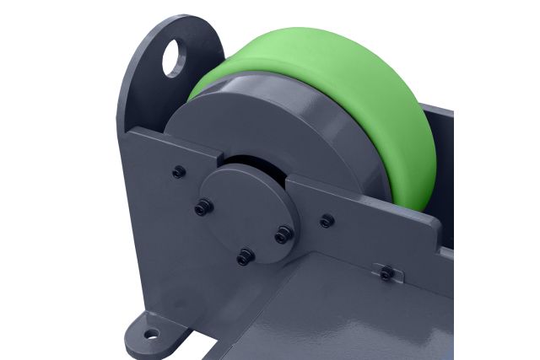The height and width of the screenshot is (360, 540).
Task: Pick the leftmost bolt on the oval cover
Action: tap(202, 207)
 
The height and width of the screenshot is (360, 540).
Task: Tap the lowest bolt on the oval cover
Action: tap(245, 256)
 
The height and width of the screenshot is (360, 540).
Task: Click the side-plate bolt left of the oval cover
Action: tap(179, 172)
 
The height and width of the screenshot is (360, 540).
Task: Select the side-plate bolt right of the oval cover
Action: tap(327, 221)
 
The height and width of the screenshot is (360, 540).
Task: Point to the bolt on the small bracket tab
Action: tap(386, 273)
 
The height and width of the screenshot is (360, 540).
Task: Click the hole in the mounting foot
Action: tap(151, 335)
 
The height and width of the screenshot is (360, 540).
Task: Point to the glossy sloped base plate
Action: tap(337, 320)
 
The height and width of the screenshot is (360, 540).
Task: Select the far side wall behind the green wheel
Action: tap(443, 169)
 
